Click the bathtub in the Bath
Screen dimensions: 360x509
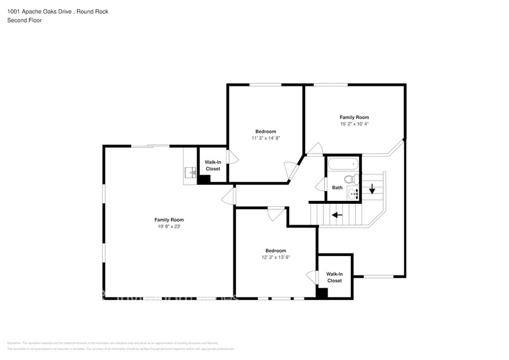point(342,164)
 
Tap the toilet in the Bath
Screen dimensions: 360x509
point(350,179)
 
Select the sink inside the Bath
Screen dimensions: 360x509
point(353,194)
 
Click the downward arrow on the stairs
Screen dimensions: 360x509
point(372,189)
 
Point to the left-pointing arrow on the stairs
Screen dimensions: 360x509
point(336,215)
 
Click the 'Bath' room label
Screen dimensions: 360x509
point(337,187)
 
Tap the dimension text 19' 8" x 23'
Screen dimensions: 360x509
point(168,227)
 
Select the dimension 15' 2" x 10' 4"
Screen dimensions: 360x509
point(354,124)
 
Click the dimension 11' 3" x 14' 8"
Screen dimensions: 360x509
point(265,138)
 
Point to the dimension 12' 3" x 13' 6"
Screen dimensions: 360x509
point(275,257)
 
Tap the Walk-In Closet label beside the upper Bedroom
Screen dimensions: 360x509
point(213,165)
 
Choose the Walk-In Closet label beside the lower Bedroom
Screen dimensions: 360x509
point(334,277)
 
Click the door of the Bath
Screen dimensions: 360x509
point(320,185)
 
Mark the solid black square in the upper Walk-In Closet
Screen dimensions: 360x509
point(204,179)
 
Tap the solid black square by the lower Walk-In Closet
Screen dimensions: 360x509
point(322,293)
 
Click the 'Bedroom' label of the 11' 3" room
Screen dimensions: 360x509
point(265,132)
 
